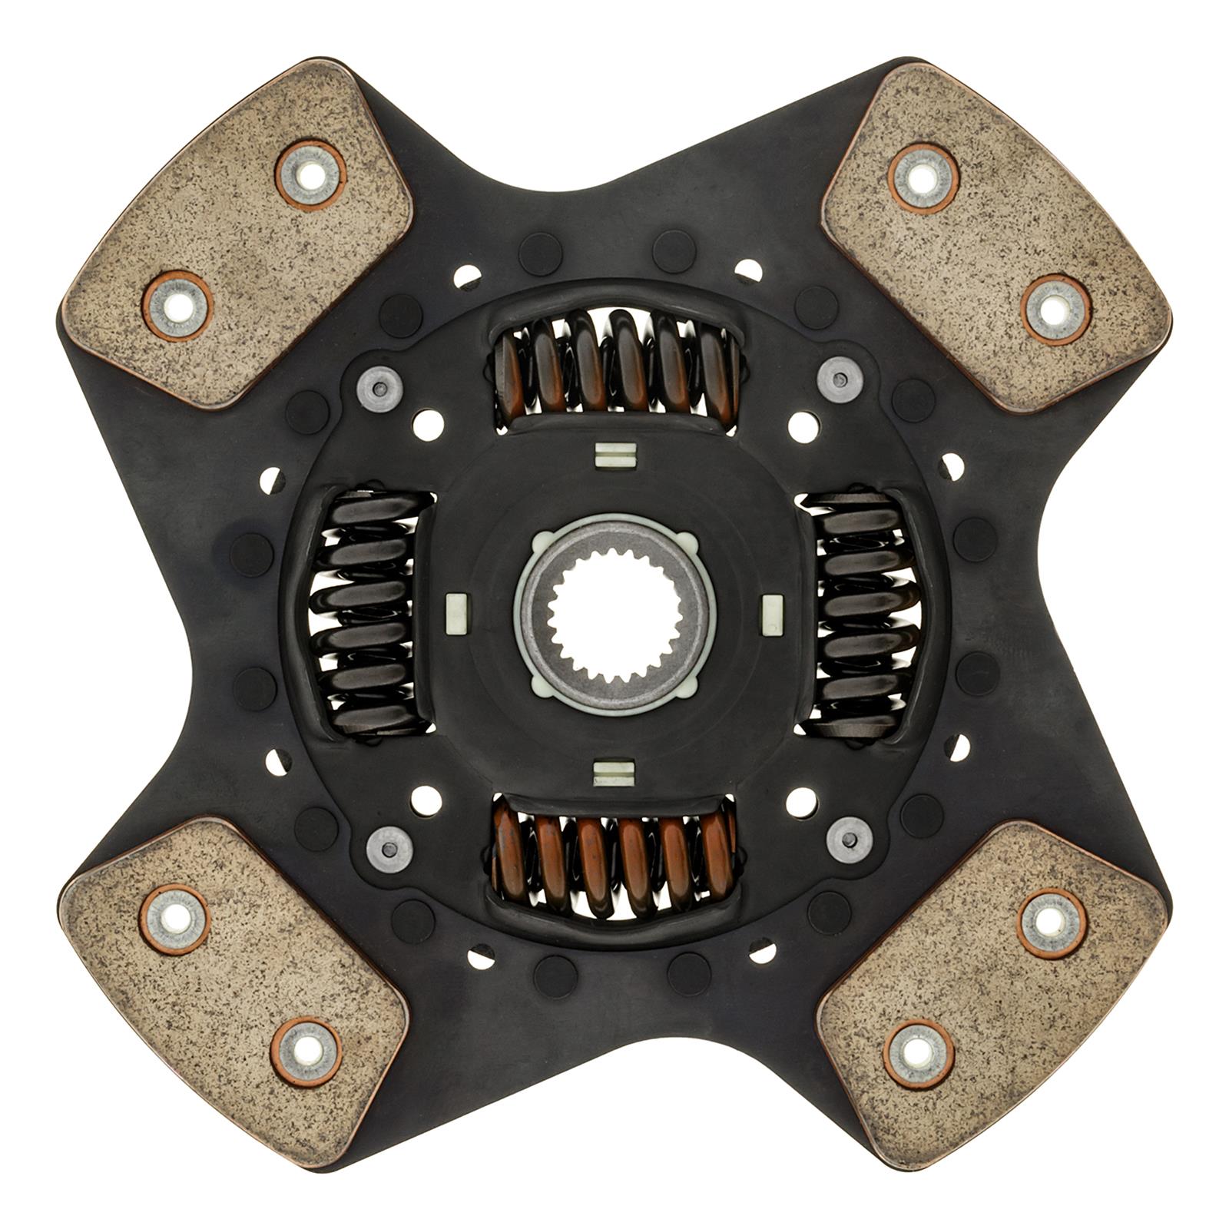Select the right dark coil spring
tap(860, 614)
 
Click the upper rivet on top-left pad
tap(311, 174)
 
